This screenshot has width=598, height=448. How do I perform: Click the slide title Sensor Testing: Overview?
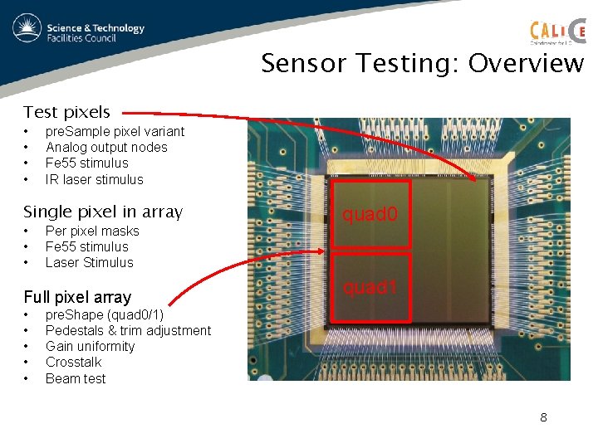coord(422,63)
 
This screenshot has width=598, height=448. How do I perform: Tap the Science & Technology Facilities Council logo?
coord(80,32)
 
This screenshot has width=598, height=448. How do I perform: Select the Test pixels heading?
coord(66,112)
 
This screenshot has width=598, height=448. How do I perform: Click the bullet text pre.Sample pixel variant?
coord(115,131)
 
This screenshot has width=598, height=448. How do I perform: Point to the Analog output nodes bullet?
coord(106,148)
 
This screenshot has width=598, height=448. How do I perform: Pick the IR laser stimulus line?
coord(94,179)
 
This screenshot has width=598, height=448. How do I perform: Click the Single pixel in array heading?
coord(103,212)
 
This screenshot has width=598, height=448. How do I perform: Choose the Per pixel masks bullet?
coord(92,231)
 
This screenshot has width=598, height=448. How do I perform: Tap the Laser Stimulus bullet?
coord(89,262)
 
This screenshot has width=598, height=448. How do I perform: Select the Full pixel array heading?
coord(77,297)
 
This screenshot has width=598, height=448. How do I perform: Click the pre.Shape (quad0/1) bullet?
coord(105,314)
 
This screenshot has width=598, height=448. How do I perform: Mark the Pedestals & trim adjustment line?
coord(128,330)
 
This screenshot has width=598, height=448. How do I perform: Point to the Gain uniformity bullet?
coord(90,346)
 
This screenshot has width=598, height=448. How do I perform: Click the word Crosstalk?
coord(74,362)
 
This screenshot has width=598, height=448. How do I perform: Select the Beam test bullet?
coord(76,378)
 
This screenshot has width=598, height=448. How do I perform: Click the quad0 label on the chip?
coord(370,215)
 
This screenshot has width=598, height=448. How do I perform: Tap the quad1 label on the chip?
coord(370,288)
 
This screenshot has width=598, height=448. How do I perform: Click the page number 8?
coord(543,417)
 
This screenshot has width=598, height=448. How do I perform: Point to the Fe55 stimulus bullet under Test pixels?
coord(87,163)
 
